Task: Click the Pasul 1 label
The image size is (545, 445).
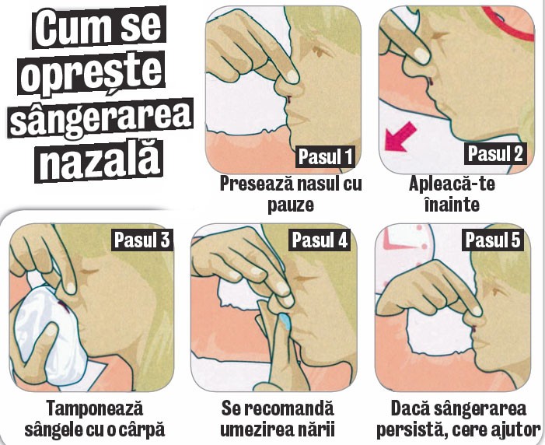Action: (325, 156)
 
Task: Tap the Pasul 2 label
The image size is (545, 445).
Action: (495, 153)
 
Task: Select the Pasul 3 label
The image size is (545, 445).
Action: (141, 240)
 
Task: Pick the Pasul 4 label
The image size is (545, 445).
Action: (320, 240)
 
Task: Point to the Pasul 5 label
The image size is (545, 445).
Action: (493, 240)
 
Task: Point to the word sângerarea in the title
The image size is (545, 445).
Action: (101, 118)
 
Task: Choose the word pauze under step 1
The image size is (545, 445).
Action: (291, 205)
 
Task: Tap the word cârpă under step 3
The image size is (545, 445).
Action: (141, 429)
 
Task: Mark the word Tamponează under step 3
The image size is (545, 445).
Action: (95, 408)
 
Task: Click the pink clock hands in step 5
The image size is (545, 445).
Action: (399, 244)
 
